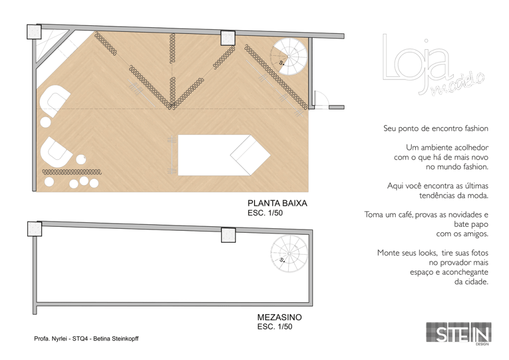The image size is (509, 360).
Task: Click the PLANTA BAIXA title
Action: [277, 203]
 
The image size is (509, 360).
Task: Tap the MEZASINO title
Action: [279, 317]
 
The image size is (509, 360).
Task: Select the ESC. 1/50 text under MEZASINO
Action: [274, 327]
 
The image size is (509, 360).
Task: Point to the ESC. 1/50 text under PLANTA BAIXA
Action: [265, 213]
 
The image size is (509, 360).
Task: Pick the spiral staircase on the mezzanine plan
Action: [289, 254]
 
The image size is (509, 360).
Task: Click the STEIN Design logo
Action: [458, 333]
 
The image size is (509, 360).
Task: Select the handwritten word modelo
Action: [458, 85]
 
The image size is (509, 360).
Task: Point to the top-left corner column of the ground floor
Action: [34, 31]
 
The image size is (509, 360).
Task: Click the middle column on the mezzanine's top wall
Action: [228, 235]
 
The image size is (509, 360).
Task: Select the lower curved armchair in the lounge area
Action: [56, 152]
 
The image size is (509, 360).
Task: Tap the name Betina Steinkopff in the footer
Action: [116, 339]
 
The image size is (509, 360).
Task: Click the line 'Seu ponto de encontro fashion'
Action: [435, 129]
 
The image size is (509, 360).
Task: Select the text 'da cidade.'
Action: [471, 282]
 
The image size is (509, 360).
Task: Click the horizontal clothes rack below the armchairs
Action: [72, 172]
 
